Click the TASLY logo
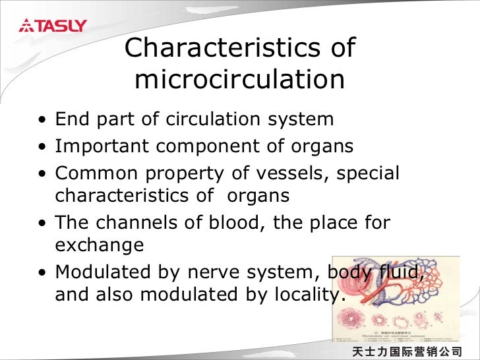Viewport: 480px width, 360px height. pyautogui.click(x=53, y=26)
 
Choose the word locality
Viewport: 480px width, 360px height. pyautogui.click(x=307, y=295)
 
